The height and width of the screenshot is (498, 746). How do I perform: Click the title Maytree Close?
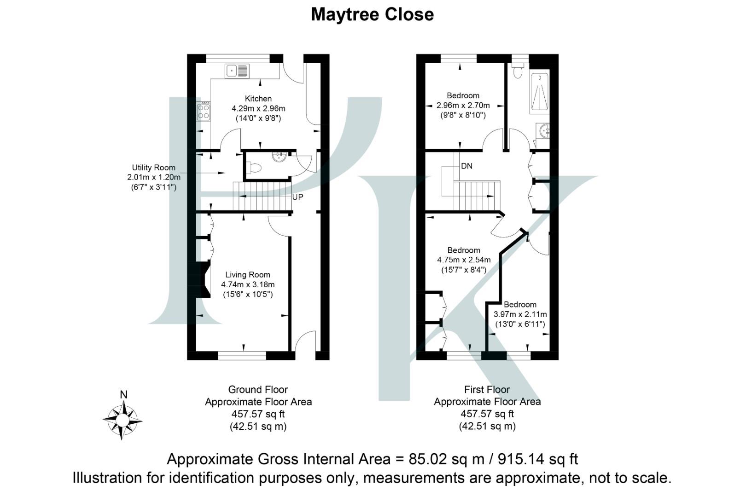pyautogui.click(x=372, y=14)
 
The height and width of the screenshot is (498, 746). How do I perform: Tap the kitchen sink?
pyautogui.click(x=237, y=71)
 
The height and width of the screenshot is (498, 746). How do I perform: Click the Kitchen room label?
pyautogui.click(x=258, y=99)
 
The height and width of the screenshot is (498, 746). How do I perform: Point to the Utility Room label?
pyautogui.click(x=153, y=168)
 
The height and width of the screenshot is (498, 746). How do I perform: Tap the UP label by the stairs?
pyautogui.click(x=297, y=197)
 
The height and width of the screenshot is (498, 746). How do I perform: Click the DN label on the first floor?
pyautogui.click(x=466, y=166)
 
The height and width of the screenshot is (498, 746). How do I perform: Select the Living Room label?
pyautogui.click(x=247, y=275)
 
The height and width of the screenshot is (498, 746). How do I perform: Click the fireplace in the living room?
pyautogui.click(x=203, y=280)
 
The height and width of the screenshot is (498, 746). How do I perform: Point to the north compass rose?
pyautogui.click(x=122, y=420)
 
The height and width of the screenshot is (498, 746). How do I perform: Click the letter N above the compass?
pyautogui.click(x=123, y=395)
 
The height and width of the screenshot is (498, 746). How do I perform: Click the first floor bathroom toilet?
pyautogui.click(x=518, y=71)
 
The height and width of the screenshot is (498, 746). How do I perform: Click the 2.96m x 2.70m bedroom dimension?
pyautogui.click(x=463, y=106)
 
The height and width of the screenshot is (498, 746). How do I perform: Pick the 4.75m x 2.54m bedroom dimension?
pyautogui.click(x=464, y=260)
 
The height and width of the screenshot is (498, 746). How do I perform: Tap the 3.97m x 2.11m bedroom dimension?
pyautogui.click(x=520, y=314)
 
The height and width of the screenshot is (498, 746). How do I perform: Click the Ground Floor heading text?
pyautogui.click(x=258, y=390)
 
